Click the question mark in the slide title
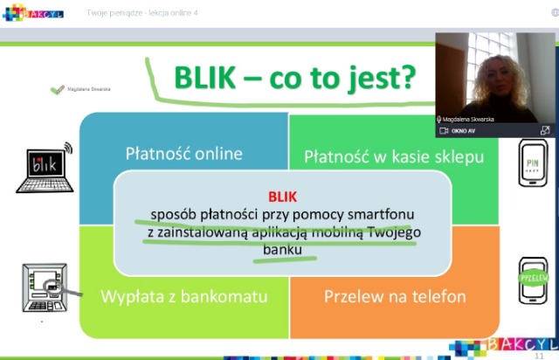pos(406,79)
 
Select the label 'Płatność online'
pos(183,154)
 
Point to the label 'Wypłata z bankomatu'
pos(183,296)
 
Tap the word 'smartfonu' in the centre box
pos(381,215)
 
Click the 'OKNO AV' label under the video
pos(462,131)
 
